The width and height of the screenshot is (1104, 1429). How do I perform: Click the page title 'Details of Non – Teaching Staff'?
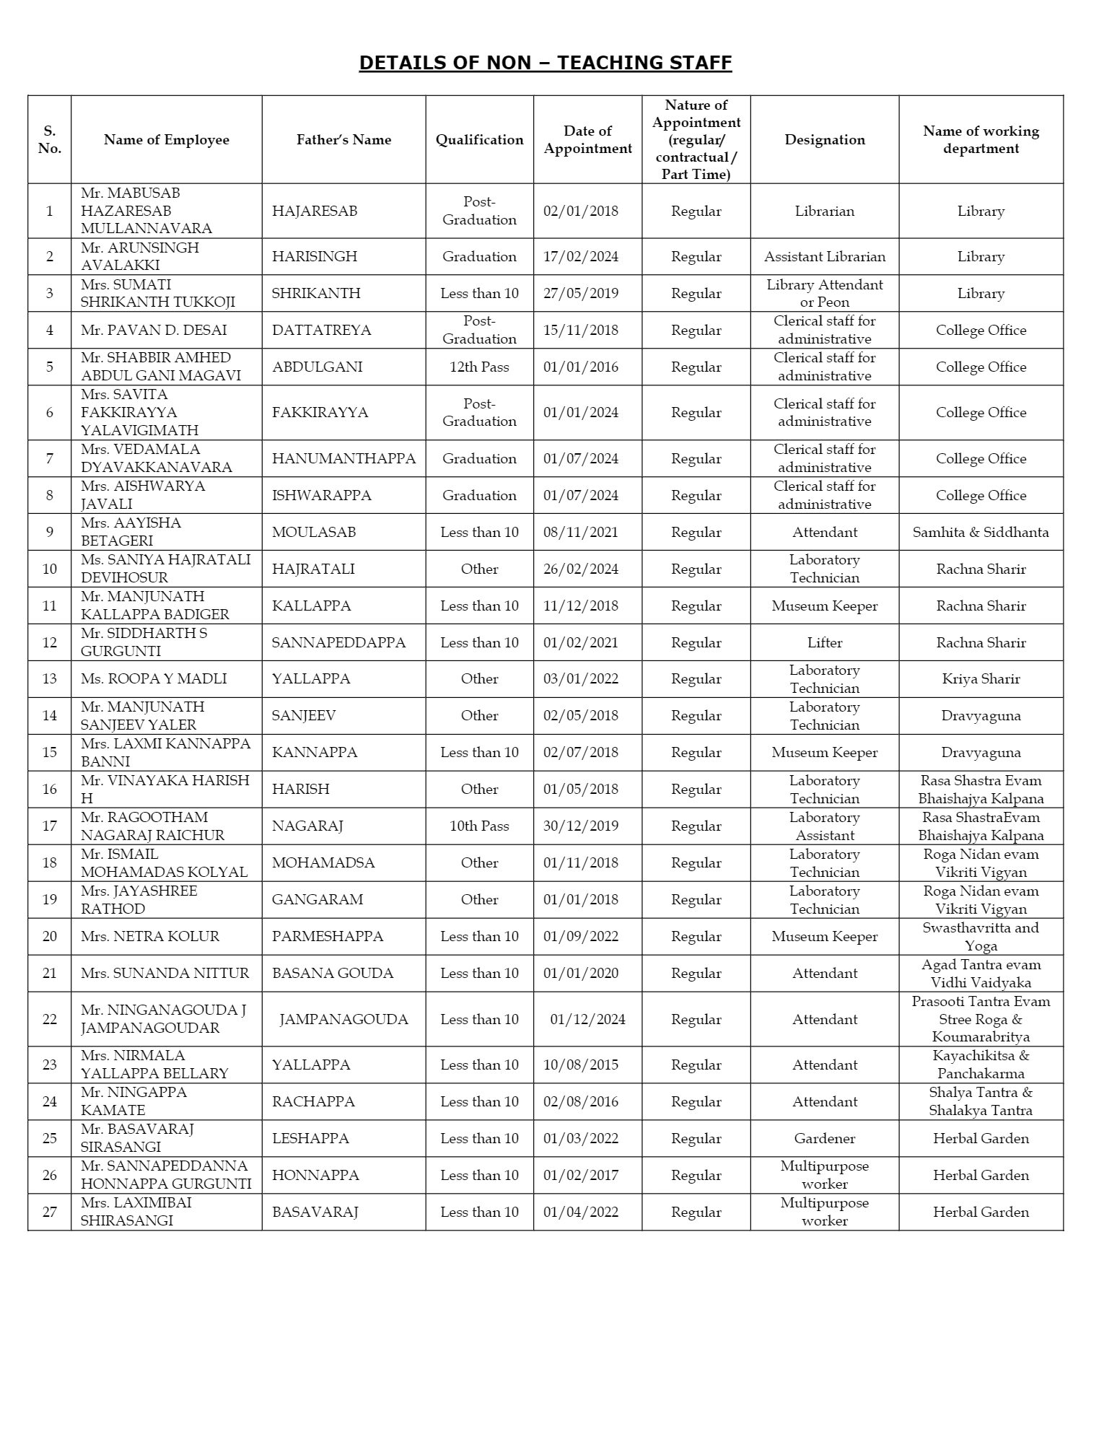(546, 63)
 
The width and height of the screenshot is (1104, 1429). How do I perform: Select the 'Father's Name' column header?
(343, 140)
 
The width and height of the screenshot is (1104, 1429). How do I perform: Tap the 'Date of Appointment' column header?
(587, 140)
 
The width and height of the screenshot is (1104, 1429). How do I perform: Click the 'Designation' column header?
(825, 140)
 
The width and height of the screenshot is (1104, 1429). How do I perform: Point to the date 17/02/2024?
(580, 257)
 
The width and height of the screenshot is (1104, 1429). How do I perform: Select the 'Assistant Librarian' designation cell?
(825, 257)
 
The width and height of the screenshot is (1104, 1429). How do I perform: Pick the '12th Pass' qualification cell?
(479, 367)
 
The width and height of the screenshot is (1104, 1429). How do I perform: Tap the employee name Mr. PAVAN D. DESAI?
(154, 331)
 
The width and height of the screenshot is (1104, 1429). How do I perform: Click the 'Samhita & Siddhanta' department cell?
(981, 533)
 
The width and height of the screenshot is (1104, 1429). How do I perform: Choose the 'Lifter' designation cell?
(825, 643)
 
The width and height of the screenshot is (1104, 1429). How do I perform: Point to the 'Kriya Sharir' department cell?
(981, 679)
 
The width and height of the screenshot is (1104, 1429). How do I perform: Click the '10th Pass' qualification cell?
(479, 826)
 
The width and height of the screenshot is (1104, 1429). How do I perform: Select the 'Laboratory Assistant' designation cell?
(825, 826)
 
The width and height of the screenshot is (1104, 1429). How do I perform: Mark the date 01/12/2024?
(587, 1020)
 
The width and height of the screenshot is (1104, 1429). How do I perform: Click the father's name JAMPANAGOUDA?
(343, 1020)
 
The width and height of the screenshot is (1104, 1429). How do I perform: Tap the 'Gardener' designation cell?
(825, 1139)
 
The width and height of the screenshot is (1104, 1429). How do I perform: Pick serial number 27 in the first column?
(49, 1212)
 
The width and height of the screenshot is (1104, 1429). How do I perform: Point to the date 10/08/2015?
(580, 1065)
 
